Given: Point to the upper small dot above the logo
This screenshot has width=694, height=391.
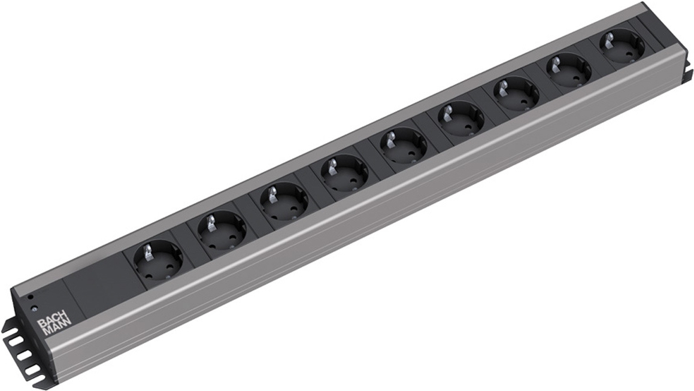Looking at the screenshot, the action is tap(31, 297).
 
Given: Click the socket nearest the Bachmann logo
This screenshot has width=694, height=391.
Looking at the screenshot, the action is tap(159, 259).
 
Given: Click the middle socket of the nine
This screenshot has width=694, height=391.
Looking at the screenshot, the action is tap(403, 147).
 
